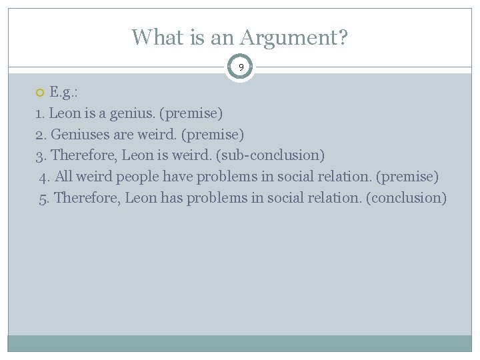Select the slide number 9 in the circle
pyautogui.click(x=241, y=67)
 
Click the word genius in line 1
pyautogui.click(x=127, y=113)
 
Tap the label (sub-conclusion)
pyautogui.click(x=270, y=155)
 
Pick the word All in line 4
pyautogui.click(x=64, y=177)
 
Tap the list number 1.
pyautogui.click(x=39, y=113)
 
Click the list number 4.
pyautogui.click(x=43, y=177)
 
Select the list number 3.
pyautogui.click(x=39, y=155)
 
